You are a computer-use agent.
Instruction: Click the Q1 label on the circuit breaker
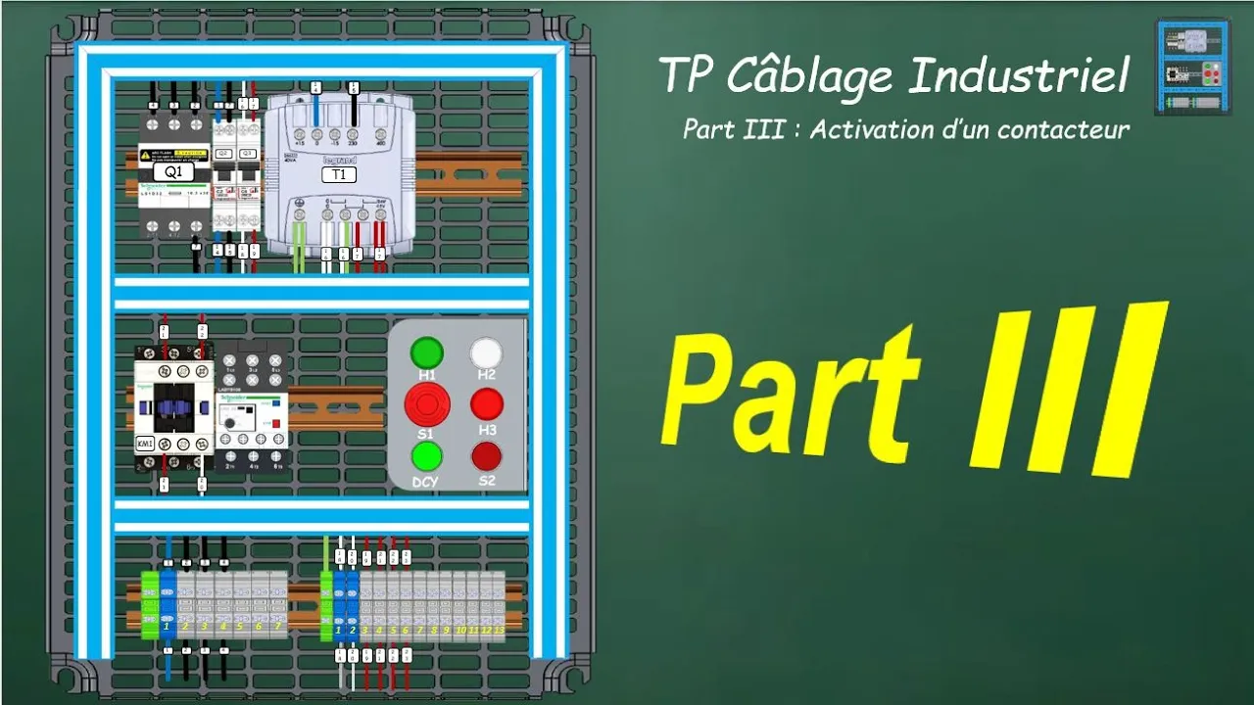click(173, 171)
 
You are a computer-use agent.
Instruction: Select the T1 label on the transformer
click(339, 174)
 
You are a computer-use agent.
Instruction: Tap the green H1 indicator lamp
click(426, 352)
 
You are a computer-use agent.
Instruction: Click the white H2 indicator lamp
click(486, 352)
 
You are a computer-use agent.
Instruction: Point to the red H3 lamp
click(486, 403)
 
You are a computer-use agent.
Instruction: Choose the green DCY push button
click(426, 456)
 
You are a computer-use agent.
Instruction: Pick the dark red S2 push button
click(486, 456)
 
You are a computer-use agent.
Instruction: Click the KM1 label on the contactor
click(146, 443)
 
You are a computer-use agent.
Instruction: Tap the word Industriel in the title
click(1019, 76)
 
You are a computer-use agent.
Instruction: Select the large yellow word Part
click(789, 397)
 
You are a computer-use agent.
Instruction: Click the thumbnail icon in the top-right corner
click(1191, 67)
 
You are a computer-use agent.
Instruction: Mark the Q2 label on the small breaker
click(223, 154)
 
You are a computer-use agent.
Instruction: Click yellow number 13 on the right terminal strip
click(499, 631)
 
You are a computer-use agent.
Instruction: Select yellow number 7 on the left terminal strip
click(278, 626)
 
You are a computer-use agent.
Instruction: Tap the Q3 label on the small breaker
click(248, 154)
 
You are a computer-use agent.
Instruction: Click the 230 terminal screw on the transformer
click(352, 134)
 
